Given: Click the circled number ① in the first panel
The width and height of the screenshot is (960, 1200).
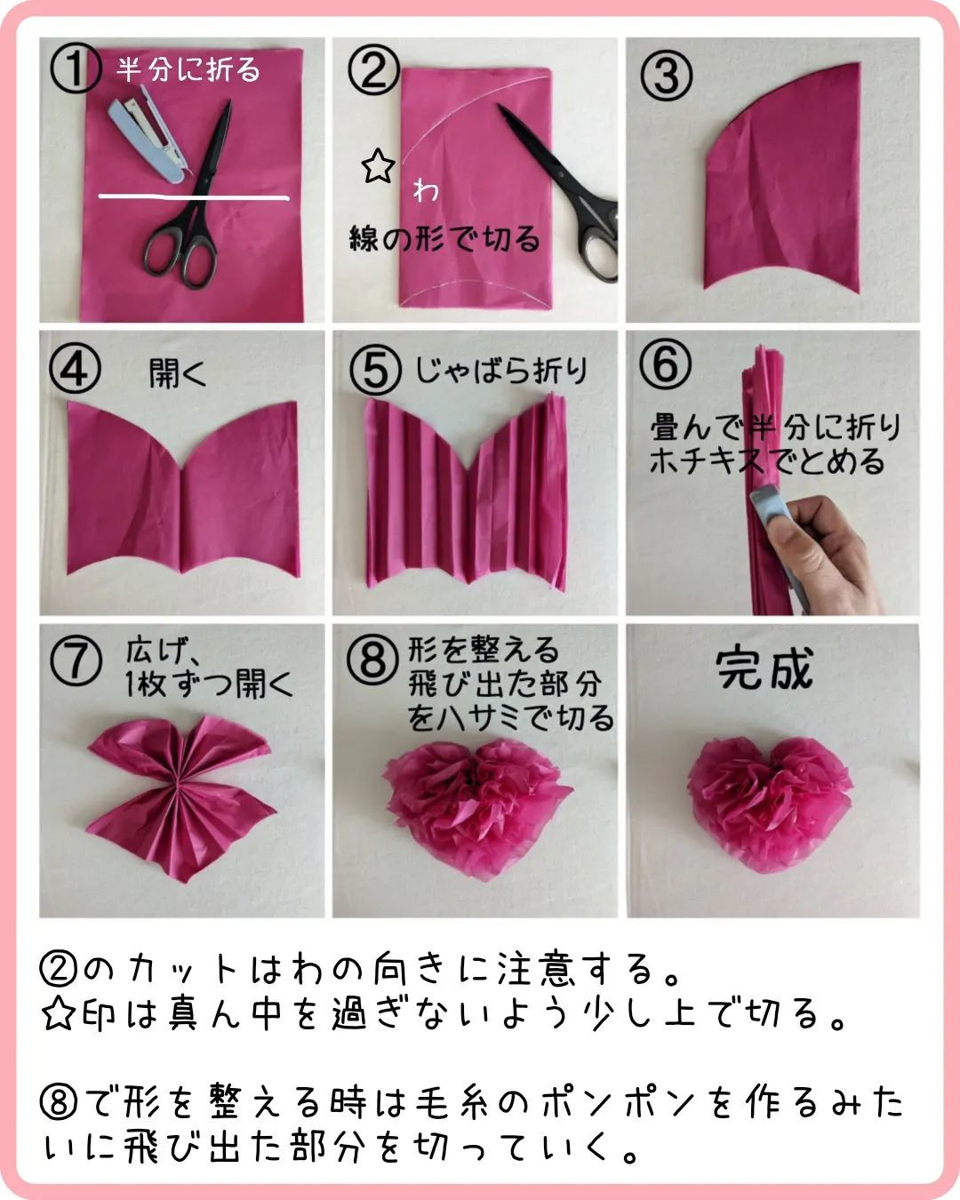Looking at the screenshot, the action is click(x=76, y=69).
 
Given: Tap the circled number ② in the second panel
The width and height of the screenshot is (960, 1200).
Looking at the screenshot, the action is click(x=372, y=70).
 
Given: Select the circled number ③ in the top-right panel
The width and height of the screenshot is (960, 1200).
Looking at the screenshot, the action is click(x=666, y=76).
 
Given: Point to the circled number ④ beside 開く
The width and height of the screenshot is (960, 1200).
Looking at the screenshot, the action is click(x=76, y=369).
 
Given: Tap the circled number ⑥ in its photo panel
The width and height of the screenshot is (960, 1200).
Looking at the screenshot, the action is click(x=665, y=364).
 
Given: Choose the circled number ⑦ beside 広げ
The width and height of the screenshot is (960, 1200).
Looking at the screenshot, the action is click(x=76, y=660).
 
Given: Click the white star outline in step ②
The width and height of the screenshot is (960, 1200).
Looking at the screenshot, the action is click(x=379, y=165).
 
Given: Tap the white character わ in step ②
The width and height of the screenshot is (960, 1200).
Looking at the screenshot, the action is click(x=426, y=190).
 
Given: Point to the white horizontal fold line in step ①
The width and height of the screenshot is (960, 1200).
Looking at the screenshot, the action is click(x=194, y=196).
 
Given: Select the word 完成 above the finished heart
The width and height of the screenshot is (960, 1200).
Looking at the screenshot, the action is click(x=764, y=668).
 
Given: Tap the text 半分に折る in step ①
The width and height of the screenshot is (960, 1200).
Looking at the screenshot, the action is click(x=188, y=70).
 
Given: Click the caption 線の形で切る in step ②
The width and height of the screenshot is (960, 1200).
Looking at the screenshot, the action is click(x=444, y=238).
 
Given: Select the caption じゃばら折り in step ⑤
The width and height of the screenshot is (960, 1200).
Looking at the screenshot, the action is click(x=501, y=371).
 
